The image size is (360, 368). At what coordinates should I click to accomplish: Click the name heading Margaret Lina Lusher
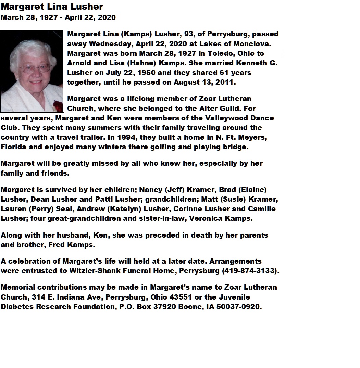point(52,7)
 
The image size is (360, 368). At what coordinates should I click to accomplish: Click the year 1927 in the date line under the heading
point(49,17)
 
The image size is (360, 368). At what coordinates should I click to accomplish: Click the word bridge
point(238,147)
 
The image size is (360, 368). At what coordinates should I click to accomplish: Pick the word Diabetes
point(17,307)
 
